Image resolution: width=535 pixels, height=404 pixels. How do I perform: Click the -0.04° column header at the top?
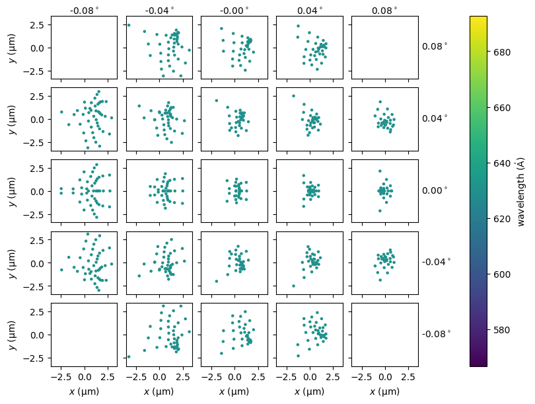pos(159,10)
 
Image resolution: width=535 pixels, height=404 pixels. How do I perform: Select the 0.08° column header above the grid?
pos(384,10)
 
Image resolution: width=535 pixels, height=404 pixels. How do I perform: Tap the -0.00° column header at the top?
pos(234,10)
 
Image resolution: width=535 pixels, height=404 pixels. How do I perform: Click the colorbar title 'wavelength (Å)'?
pos(521,191)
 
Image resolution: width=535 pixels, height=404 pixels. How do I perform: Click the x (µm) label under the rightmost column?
pos(384,391)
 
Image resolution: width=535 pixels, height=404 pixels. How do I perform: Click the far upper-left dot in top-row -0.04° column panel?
pos(129,25)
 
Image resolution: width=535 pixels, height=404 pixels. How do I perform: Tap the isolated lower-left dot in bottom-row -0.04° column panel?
pos(129,356)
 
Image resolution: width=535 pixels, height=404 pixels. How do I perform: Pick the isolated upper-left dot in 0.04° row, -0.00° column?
pos(216,101)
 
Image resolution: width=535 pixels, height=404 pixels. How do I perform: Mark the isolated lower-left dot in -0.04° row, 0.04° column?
pos(293,286)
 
